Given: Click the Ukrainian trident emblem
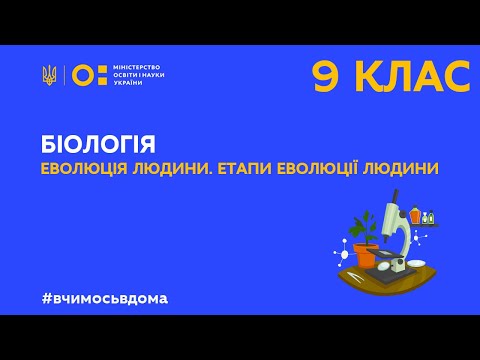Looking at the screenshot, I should [x=49, y=76].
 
